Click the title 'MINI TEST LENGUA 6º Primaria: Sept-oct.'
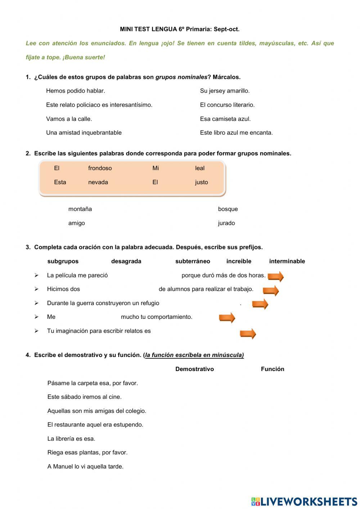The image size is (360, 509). pyautogui.click(x=180, y=29)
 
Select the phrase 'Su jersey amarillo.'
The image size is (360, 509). pyautogui.click(x=225, y=91)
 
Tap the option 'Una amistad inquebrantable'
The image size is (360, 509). pyautogui.click(x=84, y=133)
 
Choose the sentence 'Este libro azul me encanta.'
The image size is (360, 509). pyautogui.click(x=236, y=133)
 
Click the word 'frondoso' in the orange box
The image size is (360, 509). pyautogui.click(x=100, y=168)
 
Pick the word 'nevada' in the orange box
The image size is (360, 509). pyautogui.click(x=98, y=182)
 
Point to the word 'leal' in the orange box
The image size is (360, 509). pyautogui.click(x=199, y=168)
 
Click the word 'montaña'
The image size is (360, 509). pyautogui.click(x=80, y=209)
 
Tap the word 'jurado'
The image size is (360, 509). pyautogui.click(x=226, y=223)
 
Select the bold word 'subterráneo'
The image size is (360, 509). pyautogui.click(x=193, y=261)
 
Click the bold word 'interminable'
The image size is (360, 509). pyautogui.click(x=287, y=261)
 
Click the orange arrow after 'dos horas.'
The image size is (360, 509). pyautogui.click(x=276, y=276)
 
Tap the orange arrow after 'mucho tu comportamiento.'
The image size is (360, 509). pyautogui.click(x=227, y=317)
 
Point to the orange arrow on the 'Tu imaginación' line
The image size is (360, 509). pyautogui.click(x=248, y=334)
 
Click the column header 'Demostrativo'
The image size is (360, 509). pyautogui.click(x=194, y=369)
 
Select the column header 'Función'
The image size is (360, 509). pyautogui.click(x=273, y=369)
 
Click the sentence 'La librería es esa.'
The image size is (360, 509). pyautogui.click(x=71, y=439)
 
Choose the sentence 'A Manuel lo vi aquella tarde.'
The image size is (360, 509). pyautogui.click(x=85, y=466)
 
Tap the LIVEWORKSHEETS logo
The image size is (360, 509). pyautogui.click(x=304, y=501)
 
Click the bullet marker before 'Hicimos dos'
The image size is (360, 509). pyautogui.click(x=36, y=289)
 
